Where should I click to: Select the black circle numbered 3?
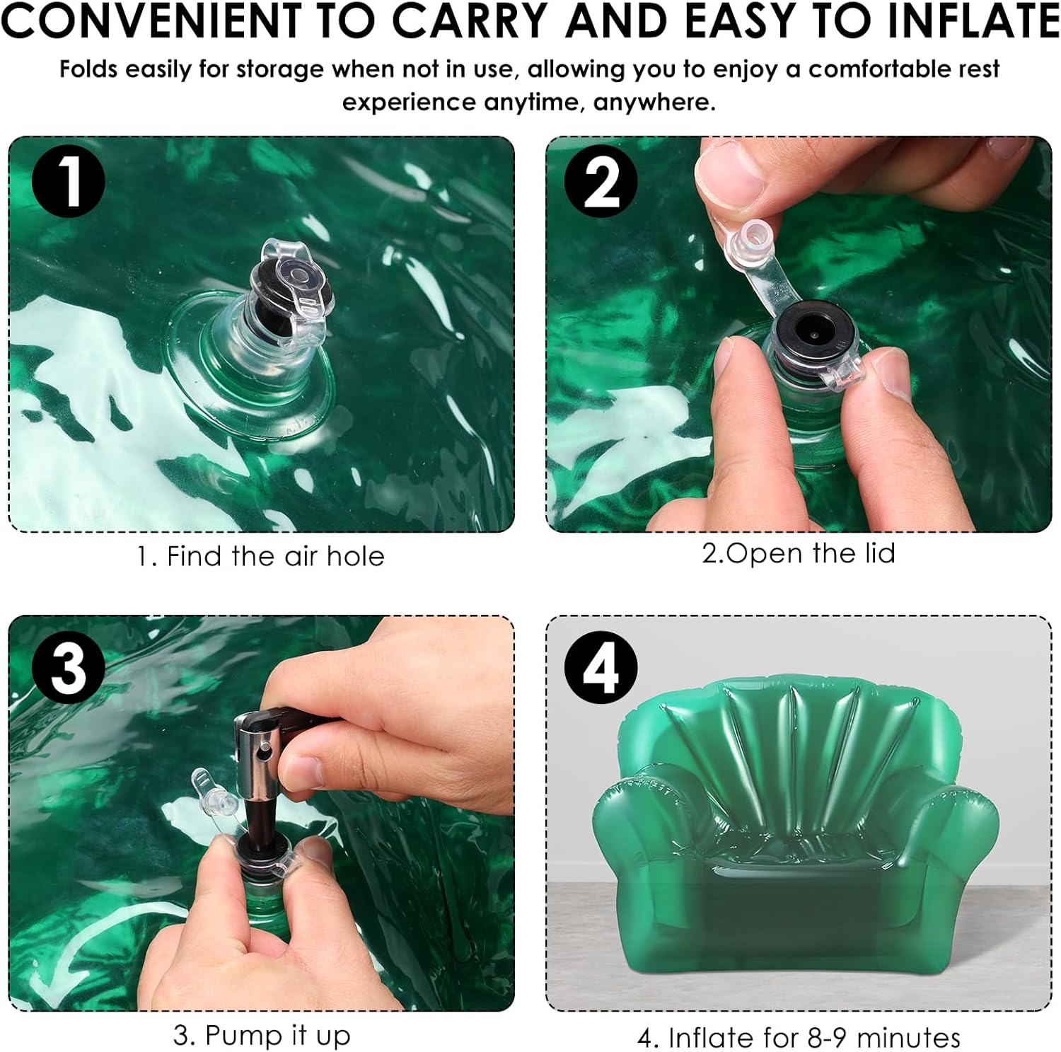pyautogui.click(x=68, y=666)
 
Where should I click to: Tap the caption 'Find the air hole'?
pyautogui.click(x=275, y=557)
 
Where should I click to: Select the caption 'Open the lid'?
pyautogui.click(x=811, y=553)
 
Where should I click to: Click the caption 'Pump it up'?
pyautogui.click(x=277, y=1036)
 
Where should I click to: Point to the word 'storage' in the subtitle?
pyautogui.click(x=282, y=70)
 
